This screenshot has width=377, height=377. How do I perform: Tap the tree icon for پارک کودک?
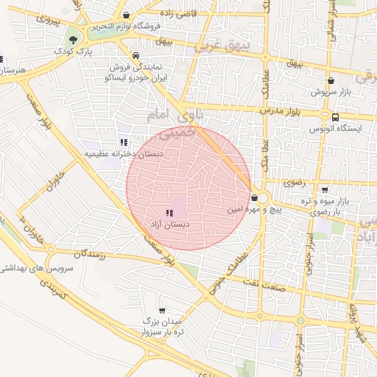point(73,39)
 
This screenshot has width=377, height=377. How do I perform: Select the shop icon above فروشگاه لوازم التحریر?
point(127,15)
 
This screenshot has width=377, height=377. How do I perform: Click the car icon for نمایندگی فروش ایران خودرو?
point(135,55)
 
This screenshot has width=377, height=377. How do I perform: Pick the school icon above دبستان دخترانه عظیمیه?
point(123,142)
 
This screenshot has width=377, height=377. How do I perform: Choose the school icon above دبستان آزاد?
point(170,213)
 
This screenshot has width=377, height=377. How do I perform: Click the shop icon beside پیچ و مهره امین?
point(254,197)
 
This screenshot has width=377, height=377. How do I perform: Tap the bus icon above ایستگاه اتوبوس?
point(336,116)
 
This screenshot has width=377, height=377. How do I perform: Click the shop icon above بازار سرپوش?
point(331,81)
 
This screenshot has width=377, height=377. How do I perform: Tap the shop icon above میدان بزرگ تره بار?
point(162,311)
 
